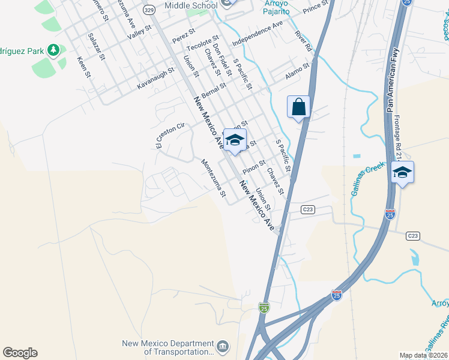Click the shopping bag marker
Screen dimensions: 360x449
pos(298,108)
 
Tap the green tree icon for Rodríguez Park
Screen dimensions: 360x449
pos(54,50)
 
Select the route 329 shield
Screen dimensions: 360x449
pos(149,10)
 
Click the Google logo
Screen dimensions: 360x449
pos(20,353)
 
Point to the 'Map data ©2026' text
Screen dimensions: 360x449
pos(423,355)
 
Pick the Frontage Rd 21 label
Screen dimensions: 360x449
pos(398,133)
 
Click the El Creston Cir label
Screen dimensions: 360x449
pos(169,135)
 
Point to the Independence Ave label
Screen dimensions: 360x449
pos(257,33)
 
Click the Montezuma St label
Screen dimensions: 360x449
pos(213,178)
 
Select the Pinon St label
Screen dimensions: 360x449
pos(254,166)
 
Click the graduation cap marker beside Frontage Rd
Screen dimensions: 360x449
pos(403,173)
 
